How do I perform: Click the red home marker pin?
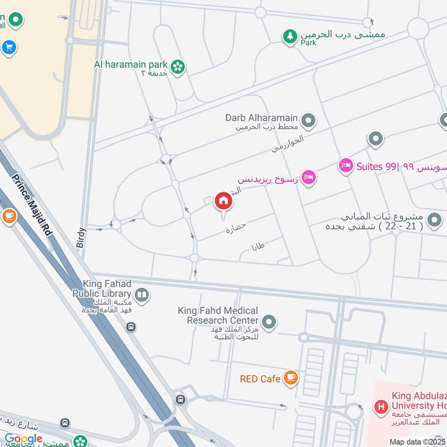(223, 201)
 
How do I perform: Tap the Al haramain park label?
(131, 64)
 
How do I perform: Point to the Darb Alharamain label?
(260, 117)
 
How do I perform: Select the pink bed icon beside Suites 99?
(346, 165)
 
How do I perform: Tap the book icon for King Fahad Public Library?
(142, 294)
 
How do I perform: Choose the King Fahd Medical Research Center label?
(218, 315)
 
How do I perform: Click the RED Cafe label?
(260, 379)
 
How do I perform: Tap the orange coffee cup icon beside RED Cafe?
(290, 378)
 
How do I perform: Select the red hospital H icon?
(382, 407)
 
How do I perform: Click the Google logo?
(23, 439)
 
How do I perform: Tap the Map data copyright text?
(417, 441)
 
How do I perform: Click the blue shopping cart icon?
(8, 48)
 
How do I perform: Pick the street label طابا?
(258, 246)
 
